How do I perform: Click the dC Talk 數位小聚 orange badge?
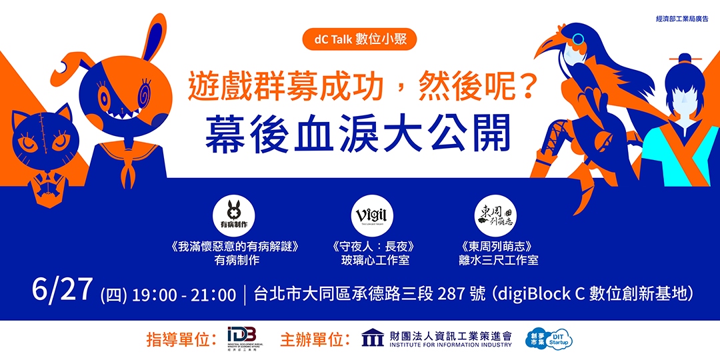tap(360, 39)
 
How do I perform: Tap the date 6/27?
tap(62, 291)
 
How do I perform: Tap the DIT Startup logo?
tap(551, 339)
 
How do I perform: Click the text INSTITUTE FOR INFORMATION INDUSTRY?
tap(451, 345)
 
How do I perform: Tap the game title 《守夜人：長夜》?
tap(375, 247)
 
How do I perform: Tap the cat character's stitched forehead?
tap(42, 123)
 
